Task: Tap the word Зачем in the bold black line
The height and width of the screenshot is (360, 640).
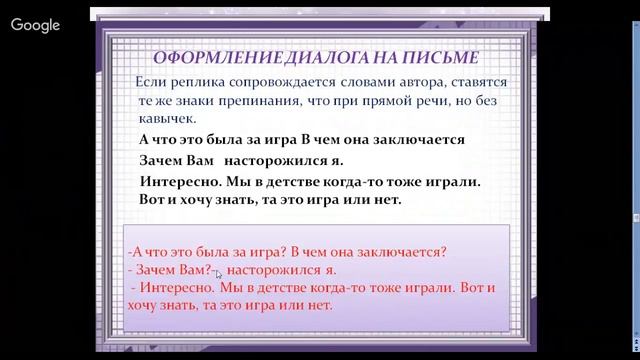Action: [164, 160]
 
